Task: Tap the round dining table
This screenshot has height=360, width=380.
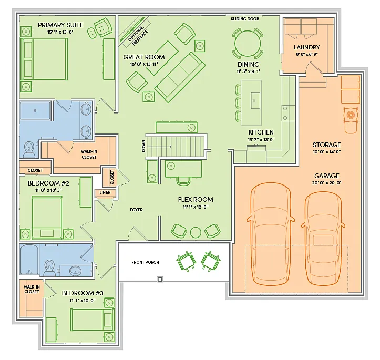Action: click(247, 42)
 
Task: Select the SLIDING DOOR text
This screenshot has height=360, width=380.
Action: click(245, 19)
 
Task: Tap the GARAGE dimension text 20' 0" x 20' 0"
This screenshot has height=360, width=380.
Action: click(327, 183)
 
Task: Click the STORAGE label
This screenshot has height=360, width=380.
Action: click(326, 145)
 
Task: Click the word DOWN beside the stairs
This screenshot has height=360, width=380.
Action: click(143, 147)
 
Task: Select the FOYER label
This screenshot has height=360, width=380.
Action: click(136, 210)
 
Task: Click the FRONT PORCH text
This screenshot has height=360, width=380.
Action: click(145, 262)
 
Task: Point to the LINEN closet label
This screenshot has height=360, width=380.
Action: click(103, 193)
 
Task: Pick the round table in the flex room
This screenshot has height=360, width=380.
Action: click(196, 232)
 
